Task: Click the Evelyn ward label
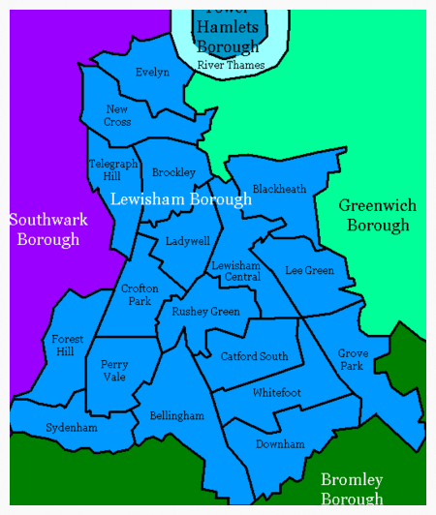click(152, 73)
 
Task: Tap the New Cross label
click(117, 116)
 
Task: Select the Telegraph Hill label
click(112, 170)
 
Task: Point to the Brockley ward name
click(173, 173)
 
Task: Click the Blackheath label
click(279, 189)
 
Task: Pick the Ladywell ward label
click(187, 241)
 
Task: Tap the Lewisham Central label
click(236, 271)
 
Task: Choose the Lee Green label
click(309, 271)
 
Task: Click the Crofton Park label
click(140, 294)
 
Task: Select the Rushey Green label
click(205, 312)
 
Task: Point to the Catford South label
click(255, 356)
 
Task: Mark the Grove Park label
click(353, 360)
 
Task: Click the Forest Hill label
click(68, 346)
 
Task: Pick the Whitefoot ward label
click(277, 393)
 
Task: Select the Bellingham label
click(177, 416)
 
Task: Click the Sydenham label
click(72, 428)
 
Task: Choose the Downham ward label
click(280, 444)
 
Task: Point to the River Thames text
click(230, 65)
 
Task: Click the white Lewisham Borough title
click(181, 199)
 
